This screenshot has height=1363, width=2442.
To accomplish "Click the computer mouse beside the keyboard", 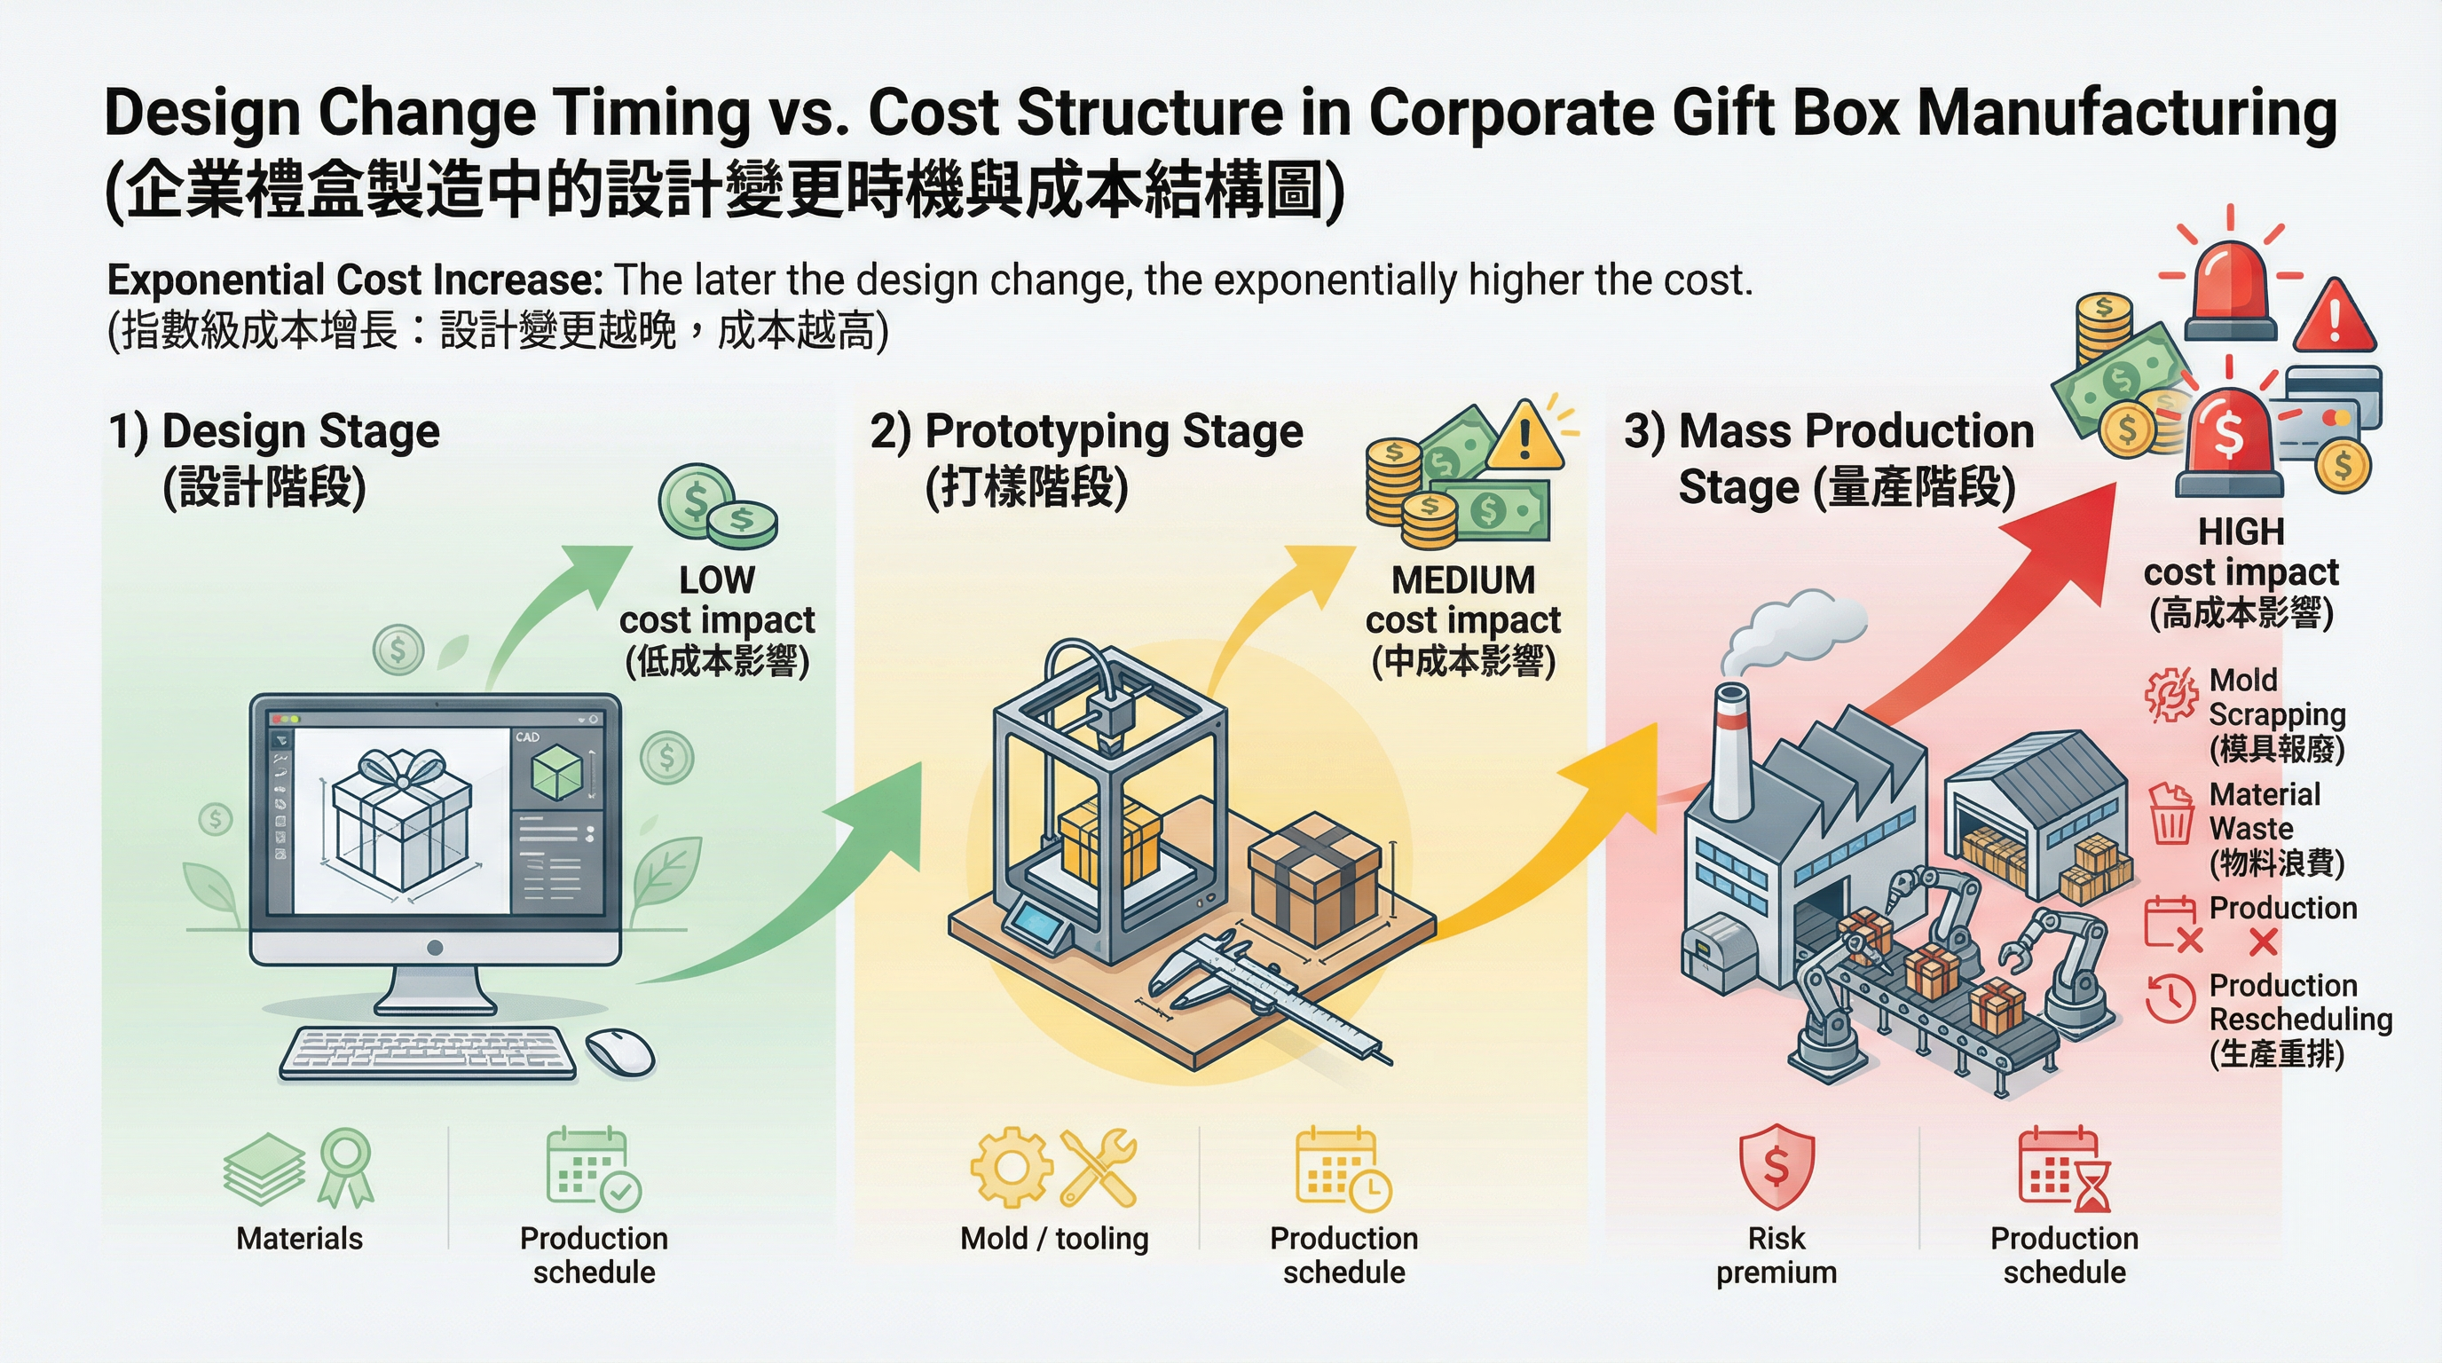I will coord(620,1052).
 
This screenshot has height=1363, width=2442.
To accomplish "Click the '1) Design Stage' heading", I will coord(274,432).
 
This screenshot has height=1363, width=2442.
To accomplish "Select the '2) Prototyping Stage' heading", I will coord(1086,432).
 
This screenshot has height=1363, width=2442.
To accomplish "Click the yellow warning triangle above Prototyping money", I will coord(1524,437).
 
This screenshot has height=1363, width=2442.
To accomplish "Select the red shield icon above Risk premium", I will coord(1776,1167).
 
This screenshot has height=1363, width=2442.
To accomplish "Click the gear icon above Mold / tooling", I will coord(1011,1167).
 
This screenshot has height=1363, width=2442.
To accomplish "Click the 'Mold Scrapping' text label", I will coord(2275,697).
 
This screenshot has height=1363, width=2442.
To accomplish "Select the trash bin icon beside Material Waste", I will coord(2170,815).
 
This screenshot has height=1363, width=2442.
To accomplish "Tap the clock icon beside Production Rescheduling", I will coord(2170,998).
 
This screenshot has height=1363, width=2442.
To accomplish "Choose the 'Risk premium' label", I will coord(1776,1255).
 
